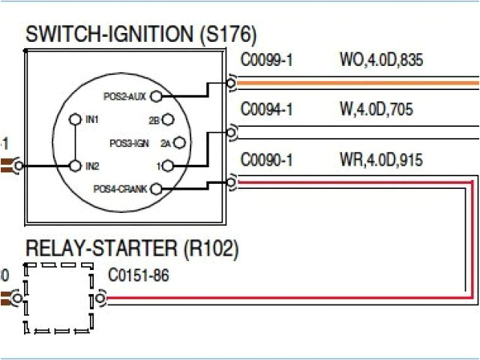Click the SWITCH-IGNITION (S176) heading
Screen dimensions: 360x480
(x=141, y=34)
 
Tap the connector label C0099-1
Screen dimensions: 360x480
(x=266, y=61)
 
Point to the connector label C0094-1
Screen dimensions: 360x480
(x=266, y=111)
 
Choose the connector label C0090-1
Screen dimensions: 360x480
(x=266, y=160)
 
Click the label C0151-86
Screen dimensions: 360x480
(x=139, y=276)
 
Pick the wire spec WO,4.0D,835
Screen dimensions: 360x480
(x=380, y=61)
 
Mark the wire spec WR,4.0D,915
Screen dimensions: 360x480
(x=380, y=160)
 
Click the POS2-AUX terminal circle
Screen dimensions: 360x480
(x=156, y=96)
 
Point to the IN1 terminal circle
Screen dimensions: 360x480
(x=74, y=119)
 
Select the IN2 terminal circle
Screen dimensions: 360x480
(x=74, y=165)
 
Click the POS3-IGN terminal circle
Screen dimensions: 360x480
(x=179, y=142)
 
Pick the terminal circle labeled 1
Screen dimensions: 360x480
(x=168, y=166)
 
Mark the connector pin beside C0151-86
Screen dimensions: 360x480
(x=101, y=300)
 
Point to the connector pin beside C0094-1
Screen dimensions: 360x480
(x=232, y=133)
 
